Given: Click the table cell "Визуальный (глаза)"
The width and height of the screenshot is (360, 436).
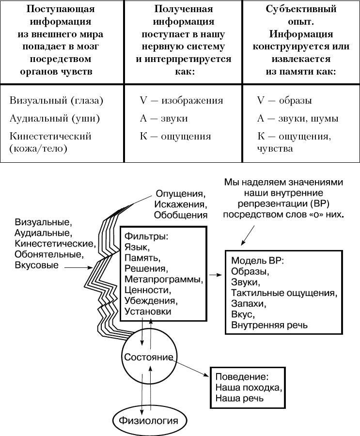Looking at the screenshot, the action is (56, 100).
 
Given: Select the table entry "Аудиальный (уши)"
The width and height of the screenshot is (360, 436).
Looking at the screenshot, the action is (55, 119).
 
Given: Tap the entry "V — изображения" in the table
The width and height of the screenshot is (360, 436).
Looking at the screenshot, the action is (181, 100).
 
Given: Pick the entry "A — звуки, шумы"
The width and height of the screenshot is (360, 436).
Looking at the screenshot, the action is (297, 119).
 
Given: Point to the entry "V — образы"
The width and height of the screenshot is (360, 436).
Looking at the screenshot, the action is (284, 100).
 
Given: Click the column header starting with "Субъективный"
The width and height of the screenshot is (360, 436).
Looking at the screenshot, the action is (301, 40).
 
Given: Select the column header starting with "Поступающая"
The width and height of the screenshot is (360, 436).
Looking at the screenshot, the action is (61, 40).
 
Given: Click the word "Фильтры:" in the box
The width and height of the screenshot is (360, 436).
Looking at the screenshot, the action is (146, 236).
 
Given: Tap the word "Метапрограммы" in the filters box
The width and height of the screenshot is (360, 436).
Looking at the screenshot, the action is (163, 279).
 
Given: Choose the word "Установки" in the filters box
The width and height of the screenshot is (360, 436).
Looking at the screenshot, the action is (148, 311).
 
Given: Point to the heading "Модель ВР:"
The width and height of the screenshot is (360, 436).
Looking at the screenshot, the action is (257, 261).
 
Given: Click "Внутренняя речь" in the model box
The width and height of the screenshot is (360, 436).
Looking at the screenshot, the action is (269, 325).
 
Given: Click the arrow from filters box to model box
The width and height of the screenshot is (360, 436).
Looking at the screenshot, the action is (216, 275).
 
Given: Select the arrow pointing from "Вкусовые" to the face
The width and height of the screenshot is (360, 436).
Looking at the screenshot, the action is (78, 267).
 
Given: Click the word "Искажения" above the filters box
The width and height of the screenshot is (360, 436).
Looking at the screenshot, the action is (181, 204).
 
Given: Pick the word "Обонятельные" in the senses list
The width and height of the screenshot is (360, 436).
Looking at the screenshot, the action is (49, 254).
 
